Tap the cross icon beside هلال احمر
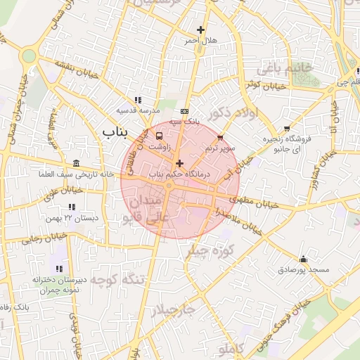click(x=201, y=30)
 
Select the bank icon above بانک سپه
click(x=184, y=111)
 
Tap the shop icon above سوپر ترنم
click(x=221, y=138)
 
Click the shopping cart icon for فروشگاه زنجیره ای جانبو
click(x=287, y=128)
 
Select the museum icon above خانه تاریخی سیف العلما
click(x=76, y=163)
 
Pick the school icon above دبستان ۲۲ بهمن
click(x=71, y=207)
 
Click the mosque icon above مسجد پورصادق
click(x=303, y=259)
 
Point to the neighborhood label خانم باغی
click(x=278, y=69)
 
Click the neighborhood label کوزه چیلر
click(x=209, y=251)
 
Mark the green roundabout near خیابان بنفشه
click(x=28, y=56)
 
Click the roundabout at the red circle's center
click(x=169, y=186)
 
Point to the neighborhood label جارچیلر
click(x=172, y=309)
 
